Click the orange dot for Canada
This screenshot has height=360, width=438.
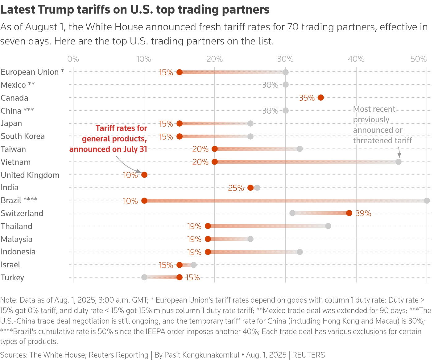coord(321,98)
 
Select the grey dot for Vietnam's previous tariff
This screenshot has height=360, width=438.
coord(399,162)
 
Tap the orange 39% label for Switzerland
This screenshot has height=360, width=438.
coord(363,213)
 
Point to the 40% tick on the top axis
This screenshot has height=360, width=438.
coord(356,59)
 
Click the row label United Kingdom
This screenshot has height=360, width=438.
coord(30,175)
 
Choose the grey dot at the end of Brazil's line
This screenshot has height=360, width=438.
coord(427,201)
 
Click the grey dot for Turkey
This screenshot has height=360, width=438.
coord(144,277)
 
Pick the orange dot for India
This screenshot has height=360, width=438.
coord(250,188)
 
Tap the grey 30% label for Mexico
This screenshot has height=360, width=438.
coord(270,85)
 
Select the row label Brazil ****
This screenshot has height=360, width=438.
coord(19,200)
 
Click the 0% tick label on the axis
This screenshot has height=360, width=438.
coord(73,59)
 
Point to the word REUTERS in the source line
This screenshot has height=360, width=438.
coord(308,355)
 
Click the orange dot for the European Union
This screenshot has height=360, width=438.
coord(180,72)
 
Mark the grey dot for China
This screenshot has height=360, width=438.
coord(286,111)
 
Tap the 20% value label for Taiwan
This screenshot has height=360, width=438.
coord(200,149)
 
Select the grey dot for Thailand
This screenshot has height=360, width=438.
coord(328,226)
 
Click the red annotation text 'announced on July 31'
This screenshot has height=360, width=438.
coord(108,149)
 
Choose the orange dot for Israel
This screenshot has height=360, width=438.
coord(180,265)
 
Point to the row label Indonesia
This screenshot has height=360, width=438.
coord(18,252)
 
